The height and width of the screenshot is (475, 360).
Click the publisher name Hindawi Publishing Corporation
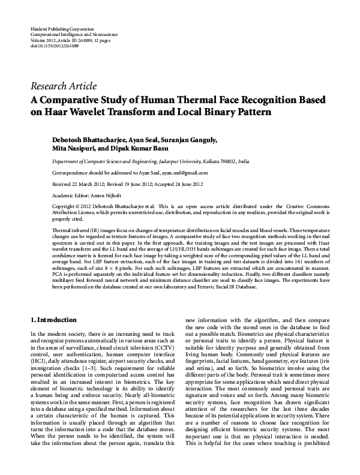(x=62, y=29)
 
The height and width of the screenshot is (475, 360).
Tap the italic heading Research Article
(x=63, y=86)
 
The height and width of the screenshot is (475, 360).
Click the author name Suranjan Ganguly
(x=193, y=140)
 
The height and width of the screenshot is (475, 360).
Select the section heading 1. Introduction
(x=53, y=320)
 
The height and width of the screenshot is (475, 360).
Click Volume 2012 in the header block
(x=43, y=40)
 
